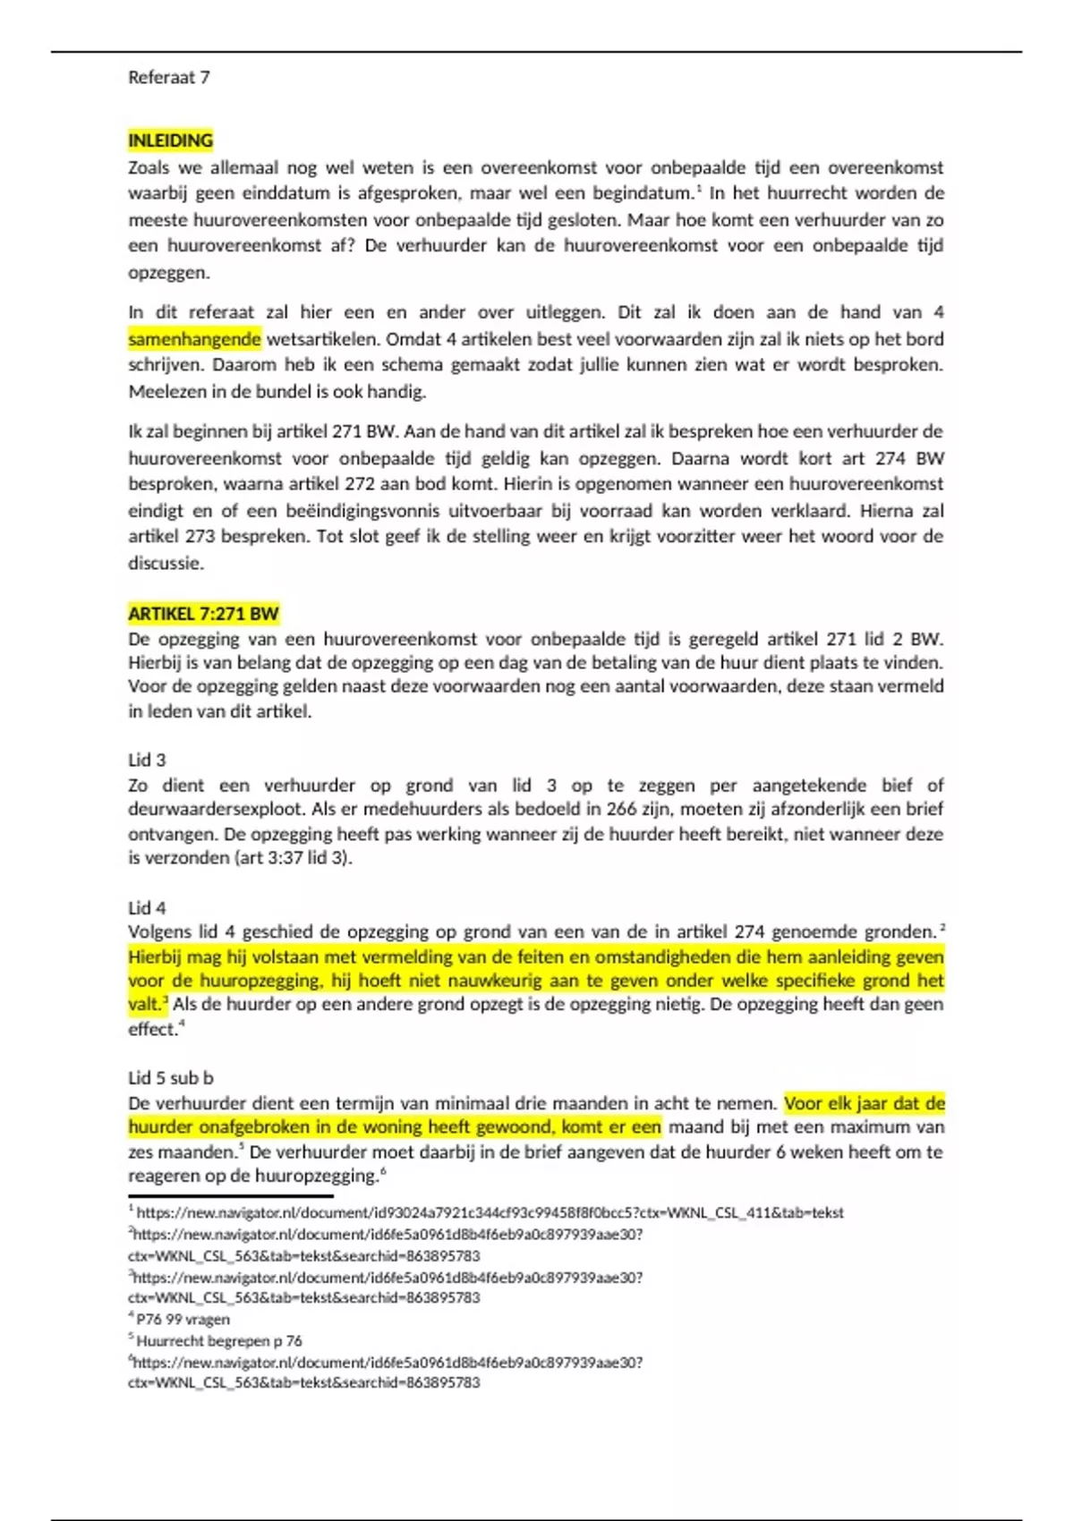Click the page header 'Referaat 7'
pos(169,78)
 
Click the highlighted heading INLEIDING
pos(170,140)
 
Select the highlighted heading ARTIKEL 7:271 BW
pos(203,614)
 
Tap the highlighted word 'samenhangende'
pos(194,339)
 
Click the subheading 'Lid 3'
pos(147,760)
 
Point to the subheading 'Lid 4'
pos(147,908)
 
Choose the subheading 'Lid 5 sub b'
pos(171,1078)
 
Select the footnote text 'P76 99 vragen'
pos(183,1320)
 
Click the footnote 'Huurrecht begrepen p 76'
pos(219,1341)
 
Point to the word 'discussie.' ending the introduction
pos(166,564)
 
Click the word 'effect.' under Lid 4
pos(153,1030)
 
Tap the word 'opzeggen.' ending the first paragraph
pos(168,273)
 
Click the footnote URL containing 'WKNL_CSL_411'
pos(490,1213)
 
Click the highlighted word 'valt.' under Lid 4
pos(146,1005)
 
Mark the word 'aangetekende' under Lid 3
pos(809,786)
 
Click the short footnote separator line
pos(230,1196)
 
